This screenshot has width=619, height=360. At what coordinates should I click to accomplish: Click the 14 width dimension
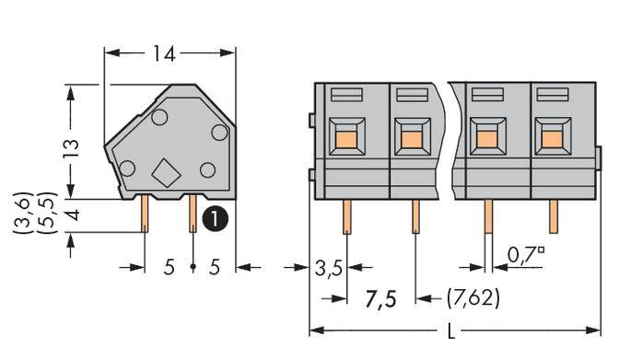tap(165, 54)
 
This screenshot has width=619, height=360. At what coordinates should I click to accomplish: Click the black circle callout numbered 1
tap(214, 219)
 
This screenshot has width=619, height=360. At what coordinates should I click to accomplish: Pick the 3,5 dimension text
tap(329, 269)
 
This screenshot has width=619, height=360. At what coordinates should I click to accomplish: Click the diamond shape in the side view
tap(166, 172)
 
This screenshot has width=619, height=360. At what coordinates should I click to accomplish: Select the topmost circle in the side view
tap(158, 117)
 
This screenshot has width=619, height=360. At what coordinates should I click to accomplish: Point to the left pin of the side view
tap(146, 215)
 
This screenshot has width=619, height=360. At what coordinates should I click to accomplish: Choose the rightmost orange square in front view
tap(551, 139)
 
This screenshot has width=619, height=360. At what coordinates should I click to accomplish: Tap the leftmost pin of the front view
tap(346, 219)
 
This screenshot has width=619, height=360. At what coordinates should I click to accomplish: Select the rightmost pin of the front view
tap(554, 217)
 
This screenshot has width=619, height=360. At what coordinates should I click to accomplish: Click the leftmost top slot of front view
tap(345, 94)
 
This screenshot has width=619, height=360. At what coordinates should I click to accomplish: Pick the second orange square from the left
tap(411, 139)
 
